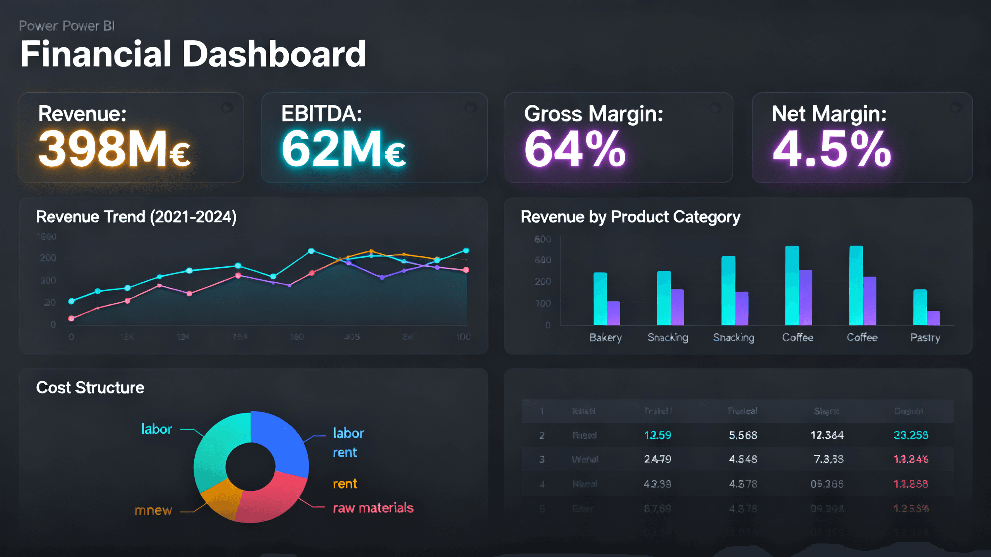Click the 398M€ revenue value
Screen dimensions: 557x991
pos(114,149)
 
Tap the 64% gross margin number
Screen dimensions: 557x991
pos(575,149)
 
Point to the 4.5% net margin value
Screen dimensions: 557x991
pos(832,149)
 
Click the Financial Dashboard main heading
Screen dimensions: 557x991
pos(193,54)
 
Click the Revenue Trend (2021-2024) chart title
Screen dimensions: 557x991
pos(136,217)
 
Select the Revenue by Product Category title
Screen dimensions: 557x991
pos(630,217)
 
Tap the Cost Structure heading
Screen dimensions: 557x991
pos(90,388)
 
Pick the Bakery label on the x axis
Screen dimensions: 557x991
pos(605,338)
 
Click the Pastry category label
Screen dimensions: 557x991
pos(925,338)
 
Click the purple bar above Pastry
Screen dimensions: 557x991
pos(933,318)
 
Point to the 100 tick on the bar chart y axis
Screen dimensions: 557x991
pos(543,304)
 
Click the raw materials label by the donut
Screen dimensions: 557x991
pos(373,508)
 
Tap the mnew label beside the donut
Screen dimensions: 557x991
pos(153,511)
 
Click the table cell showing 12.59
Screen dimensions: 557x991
pos(657,435)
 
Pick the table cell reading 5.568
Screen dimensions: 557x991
pos(743,435)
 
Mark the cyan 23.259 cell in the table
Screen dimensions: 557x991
pos(910,435)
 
